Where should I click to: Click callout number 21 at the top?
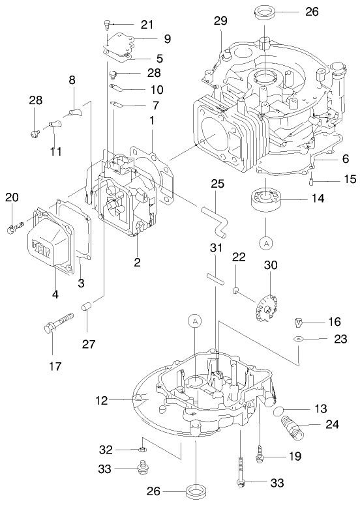[147, 25]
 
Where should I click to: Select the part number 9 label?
[168, 39]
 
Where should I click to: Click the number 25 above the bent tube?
[217, 184]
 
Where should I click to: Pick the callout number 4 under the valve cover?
[55, 294]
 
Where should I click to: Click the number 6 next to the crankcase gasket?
[346, 158]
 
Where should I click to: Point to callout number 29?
[219, 22]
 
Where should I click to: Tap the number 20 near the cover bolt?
[11, 198]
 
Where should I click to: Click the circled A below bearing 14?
[265, 242]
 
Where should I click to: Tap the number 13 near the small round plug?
[320, 409]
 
